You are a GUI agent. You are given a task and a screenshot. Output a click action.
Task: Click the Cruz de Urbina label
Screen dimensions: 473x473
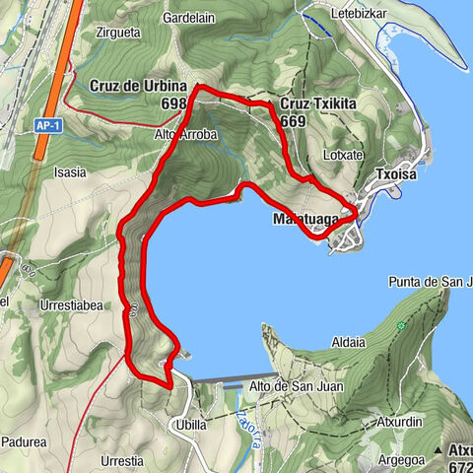click(x=138, y=87)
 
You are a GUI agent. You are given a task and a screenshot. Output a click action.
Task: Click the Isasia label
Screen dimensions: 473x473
click(x=70, y=172)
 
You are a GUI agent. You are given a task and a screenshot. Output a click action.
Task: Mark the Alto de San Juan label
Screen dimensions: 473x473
click(x=296, y=386)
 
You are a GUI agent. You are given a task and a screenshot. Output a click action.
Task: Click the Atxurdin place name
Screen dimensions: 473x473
click(x=399, y=422)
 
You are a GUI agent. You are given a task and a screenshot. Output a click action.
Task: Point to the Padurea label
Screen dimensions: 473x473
click(x=24, y=442)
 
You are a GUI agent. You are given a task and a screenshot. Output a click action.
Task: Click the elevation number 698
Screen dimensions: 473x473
click(x=173, y=103)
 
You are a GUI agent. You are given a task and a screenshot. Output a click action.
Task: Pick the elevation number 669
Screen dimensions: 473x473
click(x=293, y=120)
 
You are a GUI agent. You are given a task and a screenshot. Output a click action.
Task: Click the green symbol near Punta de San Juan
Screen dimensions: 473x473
click(x=401, y=326)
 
